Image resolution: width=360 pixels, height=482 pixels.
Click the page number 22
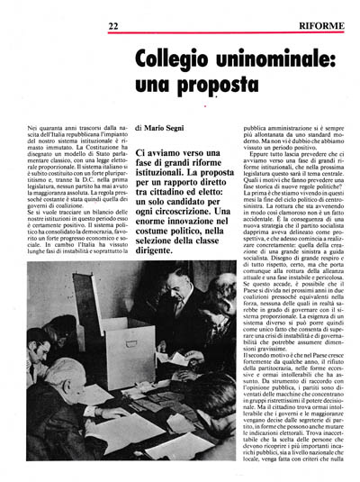[112, 27]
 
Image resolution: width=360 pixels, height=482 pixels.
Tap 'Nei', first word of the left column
[32, 132]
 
